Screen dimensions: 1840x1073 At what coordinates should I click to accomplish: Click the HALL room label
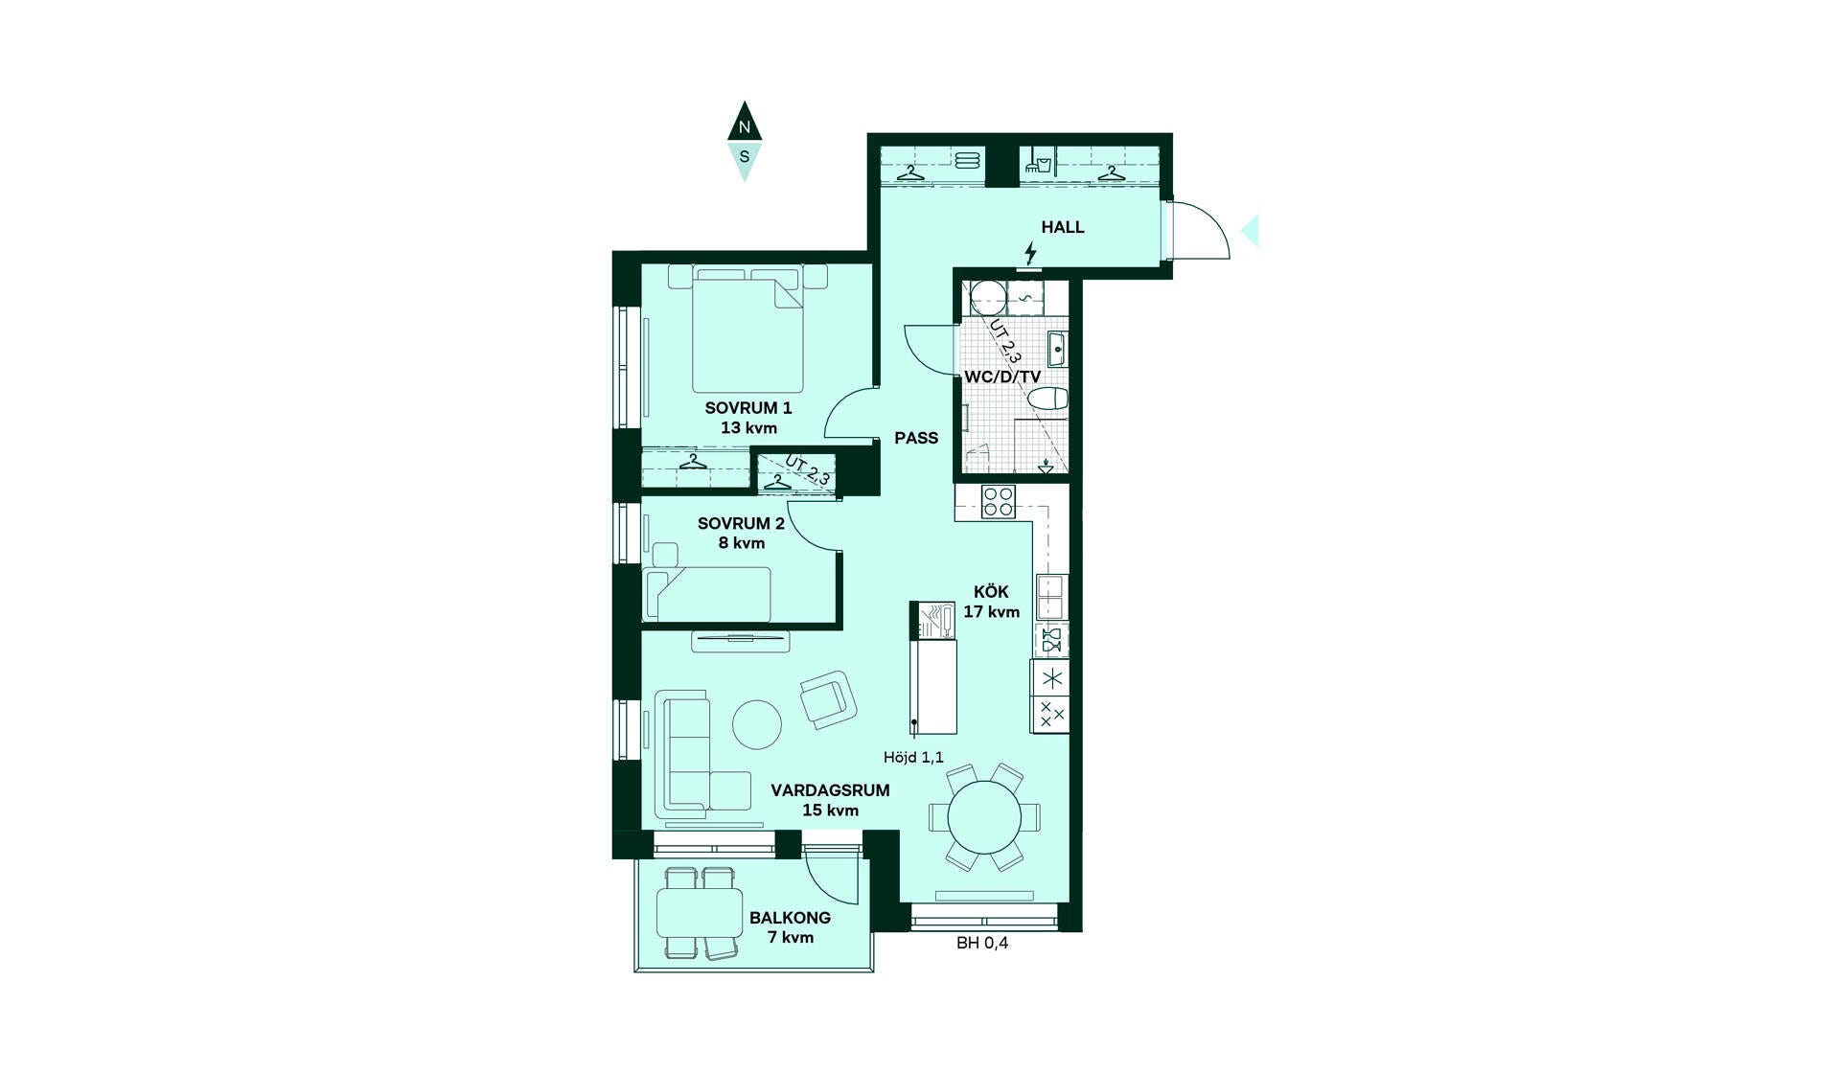click(1063, 227)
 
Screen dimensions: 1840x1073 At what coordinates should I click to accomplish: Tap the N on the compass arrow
click(745, 126)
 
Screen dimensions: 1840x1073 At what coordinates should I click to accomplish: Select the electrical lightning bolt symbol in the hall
click(1030, 253)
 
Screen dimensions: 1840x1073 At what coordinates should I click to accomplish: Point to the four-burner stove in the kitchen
click(999, 502)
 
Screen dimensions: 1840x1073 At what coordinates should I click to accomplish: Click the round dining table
click(984, 818)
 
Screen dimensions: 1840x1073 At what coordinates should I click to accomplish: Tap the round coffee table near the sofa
click(757, 724)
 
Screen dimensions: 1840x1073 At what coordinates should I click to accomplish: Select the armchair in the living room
click(828, 699)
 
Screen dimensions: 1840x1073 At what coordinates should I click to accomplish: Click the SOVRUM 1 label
click(748, 408)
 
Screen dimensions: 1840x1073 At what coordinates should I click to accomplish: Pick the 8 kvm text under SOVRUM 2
click(742, 543)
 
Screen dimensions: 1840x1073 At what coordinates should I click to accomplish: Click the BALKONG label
click(790, 918)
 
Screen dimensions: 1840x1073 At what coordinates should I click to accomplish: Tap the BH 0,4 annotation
click(982, 943)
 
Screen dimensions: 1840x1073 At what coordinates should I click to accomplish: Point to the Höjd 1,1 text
click(913, 757)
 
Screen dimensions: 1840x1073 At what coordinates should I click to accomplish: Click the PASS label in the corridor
click(916, 438)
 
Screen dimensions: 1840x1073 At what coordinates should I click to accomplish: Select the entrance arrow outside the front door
click(1250, 231)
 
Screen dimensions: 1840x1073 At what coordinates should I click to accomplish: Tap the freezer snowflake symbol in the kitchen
click(1052, 679)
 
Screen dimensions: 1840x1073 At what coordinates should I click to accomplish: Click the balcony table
click(700, 913)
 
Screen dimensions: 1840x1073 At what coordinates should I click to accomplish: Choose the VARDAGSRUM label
click(830, 790)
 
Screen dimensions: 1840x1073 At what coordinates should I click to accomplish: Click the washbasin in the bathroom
click(1057, 349)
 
